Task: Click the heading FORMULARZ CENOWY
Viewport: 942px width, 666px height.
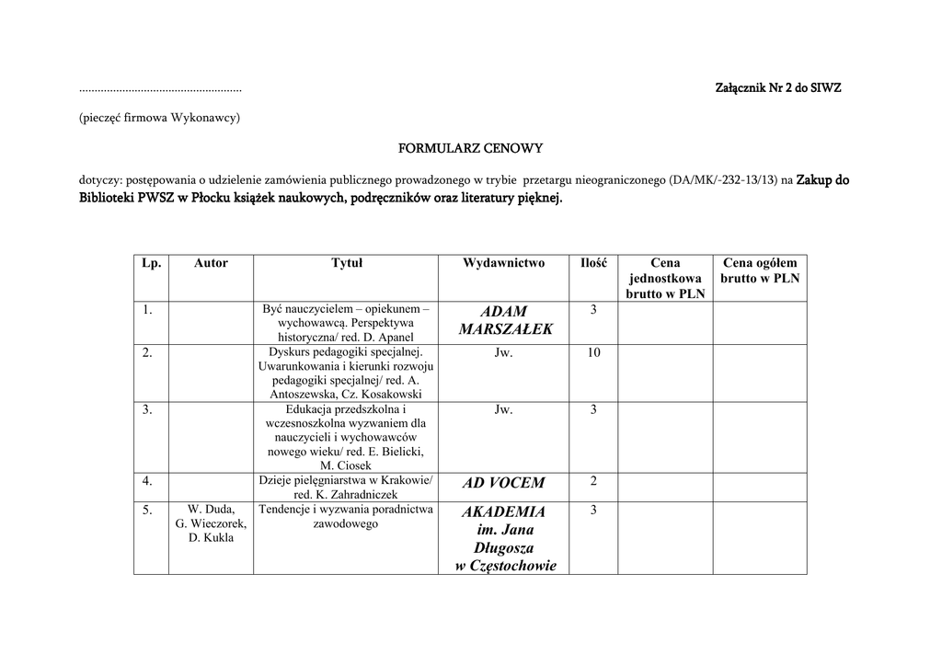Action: click(x=470, y=147)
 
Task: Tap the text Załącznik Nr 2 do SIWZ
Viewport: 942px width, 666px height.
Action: click(x=778, y=88)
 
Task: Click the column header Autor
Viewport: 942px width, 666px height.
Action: click(x=211, y=263)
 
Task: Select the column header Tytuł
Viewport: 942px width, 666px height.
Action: click(x=347, y=263)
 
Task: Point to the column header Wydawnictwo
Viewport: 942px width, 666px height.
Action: click(x=503, y=263)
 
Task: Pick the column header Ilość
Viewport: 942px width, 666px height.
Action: click(x=593, y=263)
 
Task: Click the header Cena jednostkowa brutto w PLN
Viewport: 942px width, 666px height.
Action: click(x=665, y=278)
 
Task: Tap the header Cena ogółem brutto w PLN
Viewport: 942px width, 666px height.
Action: click(x=760, y=270)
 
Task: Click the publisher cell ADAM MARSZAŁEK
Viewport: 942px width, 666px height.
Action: click(x=504, y=320)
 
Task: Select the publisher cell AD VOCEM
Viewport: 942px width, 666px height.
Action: click(x=504, y=483)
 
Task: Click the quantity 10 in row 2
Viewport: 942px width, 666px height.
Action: click(x=593, y=353)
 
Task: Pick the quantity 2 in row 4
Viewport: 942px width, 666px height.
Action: click(x=593, y=481)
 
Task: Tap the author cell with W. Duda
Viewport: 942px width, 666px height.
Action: click(x=211, y=523)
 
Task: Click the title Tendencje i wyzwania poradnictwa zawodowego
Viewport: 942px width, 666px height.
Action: click(x=346, y=516)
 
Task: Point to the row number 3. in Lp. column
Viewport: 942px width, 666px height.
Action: click(x=147, y=409)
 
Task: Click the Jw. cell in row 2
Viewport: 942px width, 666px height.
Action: click(x=503, y=353)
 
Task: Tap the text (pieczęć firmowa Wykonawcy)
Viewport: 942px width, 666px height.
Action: click(x=159, y=118)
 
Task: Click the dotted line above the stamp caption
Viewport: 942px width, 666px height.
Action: click(x=160, y=90)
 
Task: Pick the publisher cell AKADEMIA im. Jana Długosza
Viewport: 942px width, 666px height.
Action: click(x=504, y=538)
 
